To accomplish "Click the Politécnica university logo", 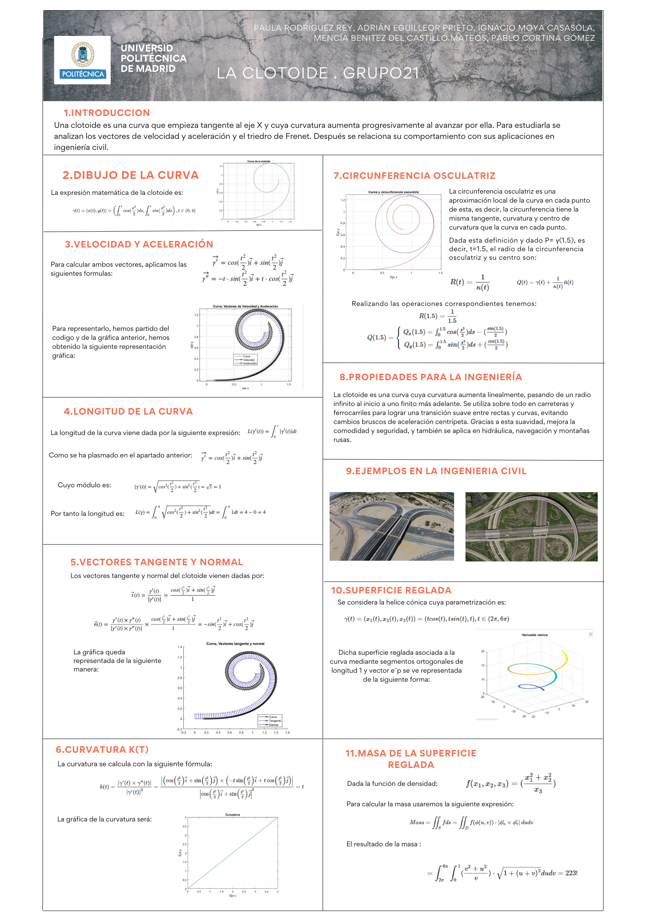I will [x=82, y=60].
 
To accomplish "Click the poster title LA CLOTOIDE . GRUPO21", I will [x=318, y=73].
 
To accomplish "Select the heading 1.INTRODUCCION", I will [x=107, y=113].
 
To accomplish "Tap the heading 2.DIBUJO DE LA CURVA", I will [x=130, y=175].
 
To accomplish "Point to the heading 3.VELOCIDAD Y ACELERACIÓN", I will [x=139, y=244].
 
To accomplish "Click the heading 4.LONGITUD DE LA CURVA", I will [x=128, y=411].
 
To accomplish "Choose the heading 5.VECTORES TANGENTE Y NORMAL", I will [x=156, y=562].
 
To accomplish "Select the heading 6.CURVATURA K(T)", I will [x=102, y=750].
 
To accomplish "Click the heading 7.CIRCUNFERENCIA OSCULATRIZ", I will [x=414, y=176].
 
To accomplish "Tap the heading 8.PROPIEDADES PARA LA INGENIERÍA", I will [x=430, y=377].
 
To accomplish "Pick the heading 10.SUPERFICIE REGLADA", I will [x=391, y=590].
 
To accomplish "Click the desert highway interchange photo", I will [x=392, y=526].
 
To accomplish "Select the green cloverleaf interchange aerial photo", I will [x=531, y=527].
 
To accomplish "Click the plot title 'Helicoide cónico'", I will [x=534, y=635].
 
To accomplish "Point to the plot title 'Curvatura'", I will [x=233, y=814].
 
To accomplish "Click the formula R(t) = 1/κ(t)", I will [x=470, y=282].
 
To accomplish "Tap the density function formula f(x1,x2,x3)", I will [x=510, y=783].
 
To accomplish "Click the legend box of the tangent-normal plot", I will [x=270, y=721].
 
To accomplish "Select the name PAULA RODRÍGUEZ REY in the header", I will [x=304, y=28].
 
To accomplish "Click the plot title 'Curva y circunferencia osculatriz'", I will [x=393, y=192].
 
